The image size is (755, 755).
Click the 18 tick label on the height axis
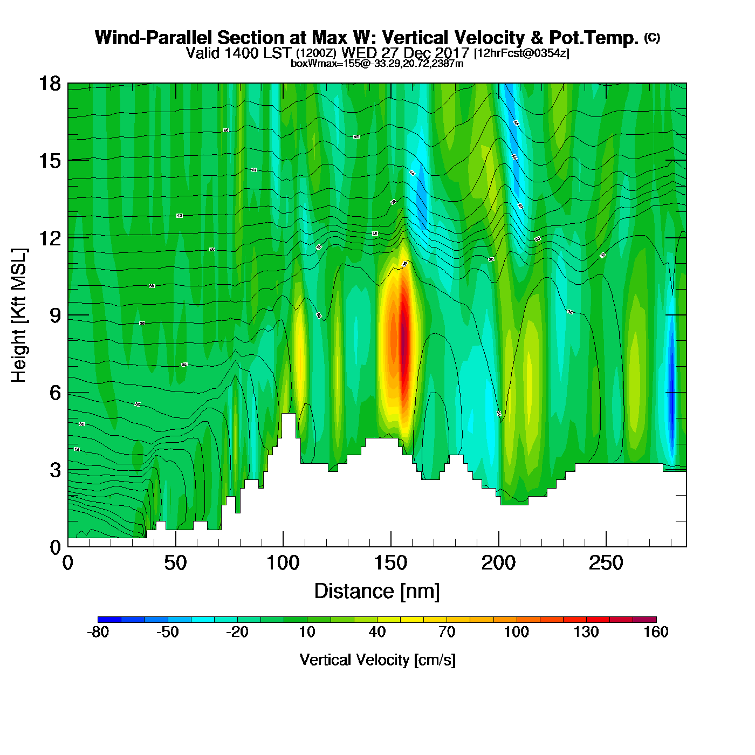(49, 84)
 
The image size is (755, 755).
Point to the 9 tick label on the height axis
(55, 315)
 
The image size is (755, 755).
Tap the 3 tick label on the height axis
(55, 470)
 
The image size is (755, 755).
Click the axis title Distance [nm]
(377, 592)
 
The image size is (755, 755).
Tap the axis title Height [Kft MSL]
(19, 315)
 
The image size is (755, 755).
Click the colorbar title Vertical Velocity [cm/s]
(377, 660)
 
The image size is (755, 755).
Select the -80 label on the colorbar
(98, 632)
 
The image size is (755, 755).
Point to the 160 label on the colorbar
(656, 632)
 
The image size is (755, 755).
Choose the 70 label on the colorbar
(447, 632)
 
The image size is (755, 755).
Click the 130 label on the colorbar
(586, 632)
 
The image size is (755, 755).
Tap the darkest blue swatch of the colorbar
(109, 619)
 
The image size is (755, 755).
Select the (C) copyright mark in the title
(652, 37)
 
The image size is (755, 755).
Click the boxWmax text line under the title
(377, 64)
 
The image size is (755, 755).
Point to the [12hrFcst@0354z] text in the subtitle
(521, 53)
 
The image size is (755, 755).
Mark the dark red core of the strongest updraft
(403, 345)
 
